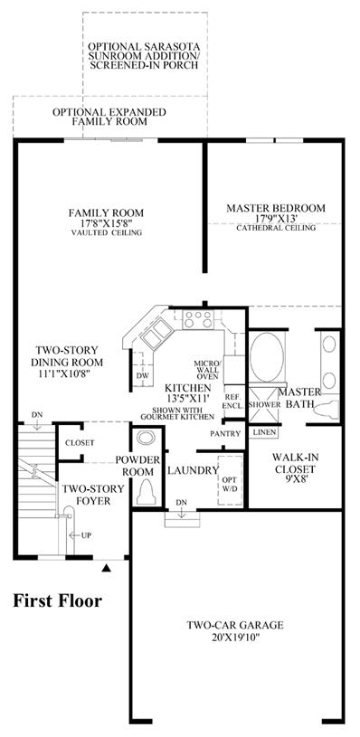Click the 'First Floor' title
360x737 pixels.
click(57, 600)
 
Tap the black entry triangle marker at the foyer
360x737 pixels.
click(107, 569)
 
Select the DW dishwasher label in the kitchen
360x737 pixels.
click(142, 376)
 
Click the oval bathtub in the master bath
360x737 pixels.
click(267, 357)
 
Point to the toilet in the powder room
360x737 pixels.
click(147, 492)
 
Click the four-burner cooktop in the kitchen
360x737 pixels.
click(198, 319)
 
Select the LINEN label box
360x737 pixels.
click(262, 431)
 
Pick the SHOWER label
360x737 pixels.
click(265, 404)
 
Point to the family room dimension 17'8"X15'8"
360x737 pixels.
click(106, 222)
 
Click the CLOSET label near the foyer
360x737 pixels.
click(80, 443)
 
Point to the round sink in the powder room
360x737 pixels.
click(145, 438)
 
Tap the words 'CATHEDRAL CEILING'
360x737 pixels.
click(275, 229)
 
